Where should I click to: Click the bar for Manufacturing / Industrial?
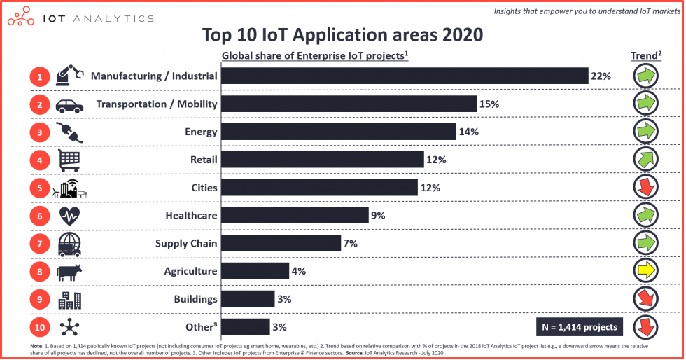pos(405,76)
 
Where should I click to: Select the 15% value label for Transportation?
pos(489,104)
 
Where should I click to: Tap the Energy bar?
pos(339,132)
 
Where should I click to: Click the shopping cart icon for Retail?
pos(69,160)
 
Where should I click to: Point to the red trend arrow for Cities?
pos(645,187)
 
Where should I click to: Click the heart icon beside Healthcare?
pos(69,216)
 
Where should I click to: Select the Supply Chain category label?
pos(185,243)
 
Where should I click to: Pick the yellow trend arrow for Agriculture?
pos(645,271)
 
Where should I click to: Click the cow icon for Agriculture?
pos(69,271)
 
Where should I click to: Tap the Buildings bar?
pos(248,299)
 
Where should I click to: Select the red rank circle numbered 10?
pos(40,327)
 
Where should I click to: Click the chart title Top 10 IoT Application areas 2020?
pos(342,34)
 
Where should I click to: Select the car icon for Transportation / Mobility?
pos(69,104)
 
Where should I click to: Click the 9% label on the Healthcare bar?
pos(378,216)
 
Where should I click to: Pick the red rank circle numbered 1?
pos(40,76)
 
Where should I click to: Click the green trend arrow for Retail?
pos(645,159)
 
